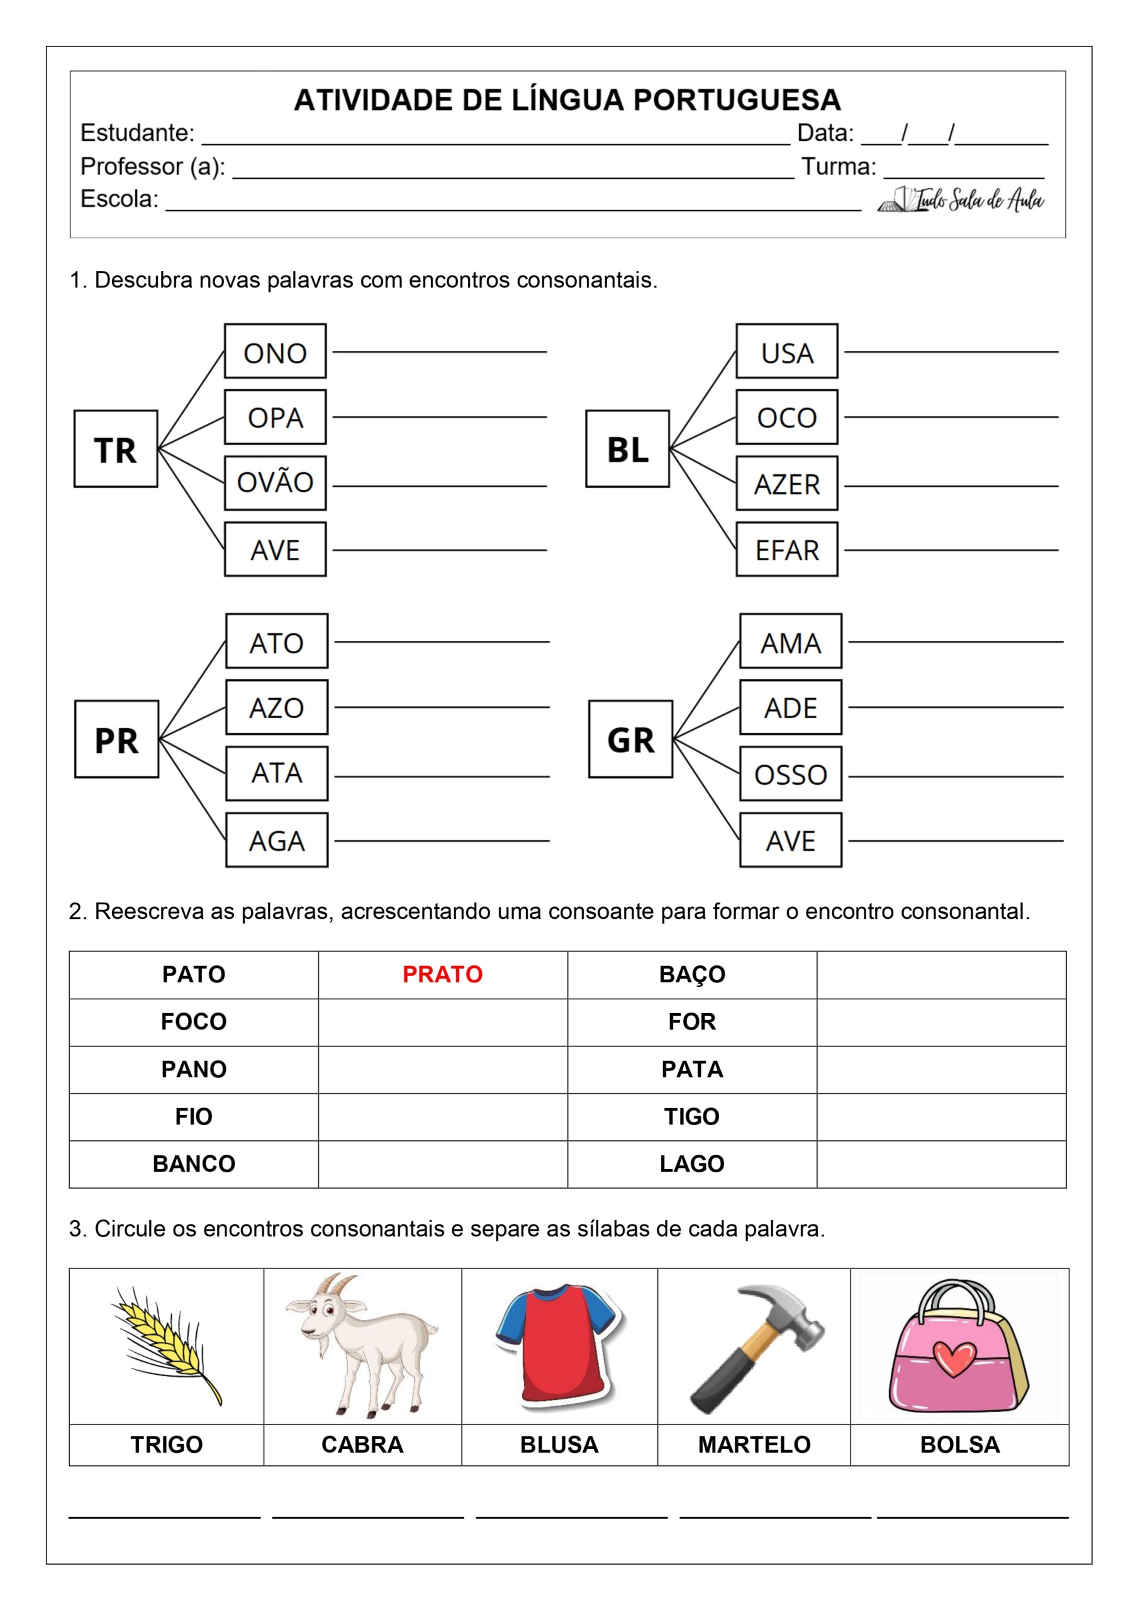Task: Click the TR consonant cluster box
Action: click(x=116, y=449)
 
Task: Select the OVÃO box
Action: click(x=275, y=482)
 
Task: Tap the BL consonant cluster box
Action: click(x=627, y=449)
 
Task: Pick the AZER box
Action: click(x=786, y=484)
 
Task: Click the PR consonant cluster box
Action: click(x=116, y=739)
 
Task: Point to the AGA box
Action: click(x=276, y=840)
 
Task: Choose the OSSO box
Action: click(x=791, y=774)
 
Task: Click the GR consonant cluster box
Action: click(x=630, y=739)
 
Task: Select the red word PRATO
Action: click(x=442, y=974)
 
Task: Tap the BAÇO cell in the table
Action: click(x=692, y=974)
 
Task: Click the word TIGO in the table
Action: click(x=692, y=1116)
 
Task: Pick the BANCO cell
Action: click(x=194, y=1163)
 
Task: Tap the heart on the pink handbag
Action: click(x=955, y=1358)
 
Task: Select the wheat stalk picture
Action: click(x=166, y=1343)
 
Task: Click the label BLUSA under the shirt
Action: click(x=559, y=1445)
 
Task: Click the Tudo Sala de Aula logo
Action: click(x=961, y=201)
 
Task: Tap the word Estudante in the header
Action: click(x=137, y=133)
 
